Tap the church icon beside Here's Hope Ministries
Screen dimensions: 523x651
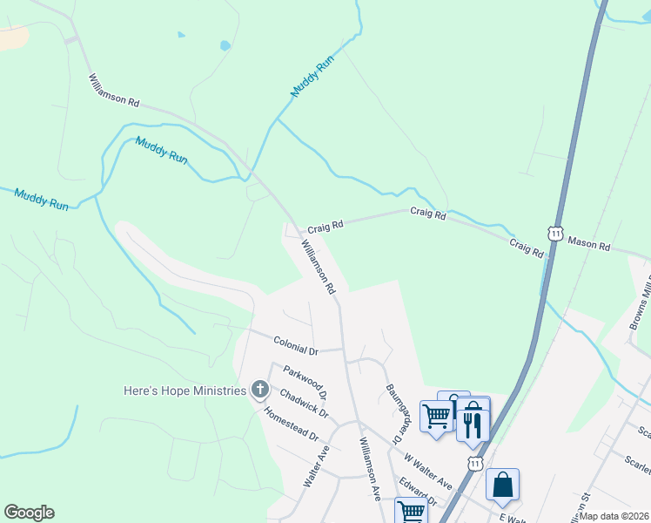click(259, 390)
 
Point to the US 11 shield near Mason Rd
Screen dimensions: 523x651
click(555, 233)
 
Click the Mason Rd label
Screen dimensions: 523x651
click(589, 243)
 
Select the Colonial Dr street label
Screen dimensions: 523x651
click(296, 346)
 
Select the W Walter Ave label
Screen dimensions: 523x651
click(428, 471)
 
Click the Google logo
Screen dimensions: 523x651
click(29, 513)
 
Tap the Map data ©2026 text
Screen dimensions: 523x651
click(614, 516)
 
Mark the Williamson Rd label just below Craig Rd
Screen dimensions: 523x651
click(319, 267)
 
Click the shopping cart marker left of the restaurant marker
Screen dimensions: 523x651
click(436, 415)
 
